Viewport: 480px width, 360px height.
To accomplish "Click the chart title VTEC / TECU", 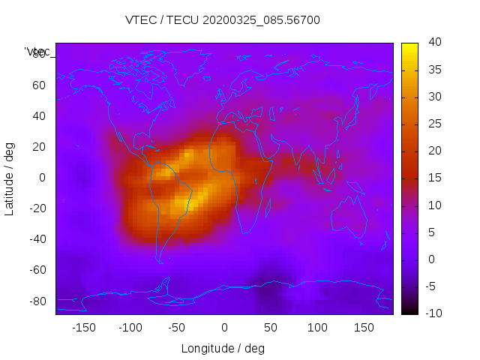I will (x=162, y=20).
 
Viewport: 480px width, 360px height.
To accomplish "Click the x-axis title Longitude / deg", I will (x=223, y=348).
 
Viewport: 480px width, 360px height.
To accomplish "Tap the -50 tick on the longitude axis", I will (x=177, y=328).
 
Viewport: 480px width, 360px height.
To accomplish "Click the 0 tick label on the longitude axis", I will (x=223, y=328).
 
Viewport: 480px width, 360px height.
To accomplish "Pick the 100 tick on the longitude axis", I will (x=317, y=328).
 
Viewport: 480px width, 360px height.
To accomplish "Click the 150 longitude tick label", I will (x=364, y=328).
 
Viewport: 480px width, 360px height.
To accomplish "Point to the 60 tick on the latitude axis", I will (x=38, y=85).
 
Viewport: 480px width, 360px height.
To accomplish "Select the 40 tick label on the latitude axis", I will (x=38, y=116).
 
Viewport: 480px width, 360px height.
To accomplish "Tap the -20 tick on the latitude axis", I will (x=36, y=208).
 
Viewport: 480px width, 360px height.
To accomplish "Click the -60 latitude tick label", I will (x=36, y=270).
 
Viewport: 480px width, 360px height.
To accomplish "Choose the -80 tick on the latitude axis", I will (x=36, y=301).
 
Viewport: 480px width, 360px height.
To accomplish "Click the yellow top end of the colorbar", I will (x=409, y=46).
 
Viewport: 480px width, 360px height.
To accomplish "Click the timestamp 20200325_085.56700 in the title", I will (x=261, y=20).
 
